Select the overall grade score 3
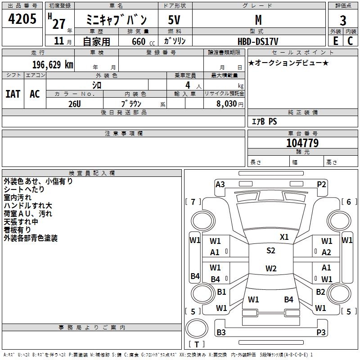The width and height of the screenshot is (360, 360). click(343, 20)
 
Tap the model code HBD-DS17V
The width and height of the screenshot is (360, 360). click(258, 41)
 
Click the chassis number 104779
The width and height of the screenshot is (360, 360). click(302, 143)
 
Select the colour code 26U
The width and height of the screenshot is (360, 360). click(75, 103)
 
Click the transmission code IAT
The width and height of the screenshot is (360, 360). click(13, 94)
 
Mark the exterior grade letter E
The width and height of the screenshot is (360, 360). click(336, 41)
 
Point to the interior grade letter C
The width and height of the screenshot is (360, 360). click(350, 41)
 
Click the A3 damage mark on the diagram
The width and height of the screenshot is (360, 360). click(220, 184)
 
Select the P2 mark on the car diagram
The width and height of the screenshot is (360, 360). click(321, 184)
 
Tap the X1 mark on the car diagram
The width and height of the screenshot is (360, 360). click(284, 237)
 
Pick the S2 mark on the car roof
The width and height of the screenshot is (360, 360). click(270, 251)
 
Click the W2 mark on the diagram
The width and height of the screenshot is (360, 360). click(270, 269)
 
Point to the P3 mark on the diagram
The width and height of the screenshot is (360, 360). click(321, 333)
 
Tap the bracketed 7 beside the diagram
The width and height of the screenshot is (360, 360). click(193, 202)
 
